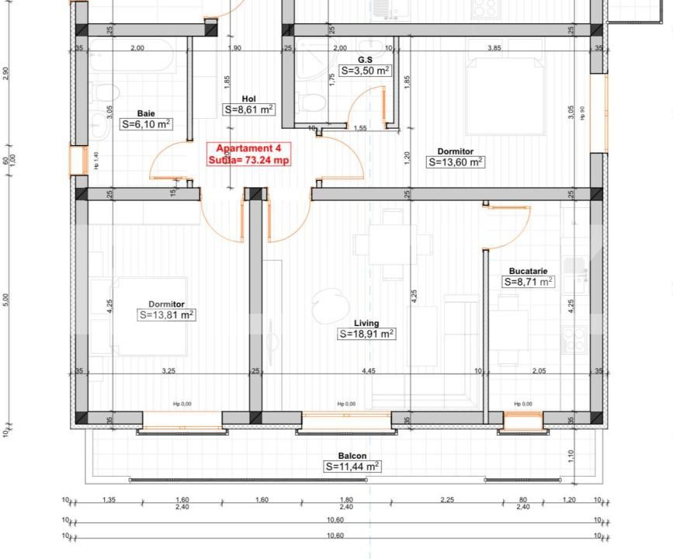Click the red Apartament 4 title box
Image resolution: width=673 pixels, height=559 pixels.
pos(248,154)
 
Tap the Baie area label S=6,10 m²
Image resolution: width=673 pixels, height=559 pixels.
pos(146,123)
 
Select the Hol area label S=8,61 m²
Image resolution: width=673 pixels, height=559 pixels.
pos(248,109)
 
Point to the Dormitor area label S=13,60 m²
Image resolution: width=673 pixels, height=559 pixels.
pos(455,162)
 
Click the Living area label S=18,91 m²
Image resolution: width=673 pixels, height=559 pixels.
pos(366,334)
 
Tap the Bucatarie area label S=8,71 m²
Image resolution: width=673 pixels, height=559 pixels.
pos(529,282)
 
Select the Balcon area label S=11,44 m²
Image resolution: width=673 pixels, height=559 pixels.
pos(352,467)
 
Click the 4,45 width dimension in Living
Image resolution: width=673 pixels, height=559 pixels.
pos(369,371)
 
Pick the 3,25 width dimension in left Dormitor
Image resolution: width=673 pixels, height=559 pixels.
pos(168,371)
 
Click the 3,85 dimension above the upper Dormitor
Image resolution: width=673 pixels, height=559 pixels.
pos(494,48)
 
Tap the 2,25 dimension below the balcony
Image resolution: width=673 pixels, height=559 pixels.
pos(447,500)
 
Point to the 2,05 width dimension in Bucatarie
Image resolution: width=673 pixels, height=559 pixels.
pos(538,371)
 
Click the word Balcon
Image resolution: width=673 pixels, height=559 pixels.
pos(352,456)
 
